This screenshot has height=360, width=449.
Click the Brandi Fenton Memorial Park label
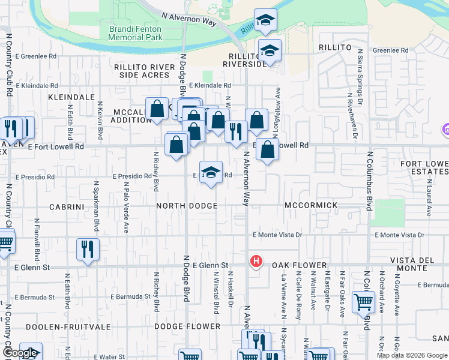[x=135, y=33]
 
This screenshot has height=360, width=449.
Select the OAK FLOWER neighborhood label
[x=299, y=265]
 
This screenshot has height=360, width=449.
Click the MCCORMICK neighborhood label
[x=312, y=205]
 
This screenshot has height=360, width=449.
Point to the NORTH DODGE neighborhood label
[x=186, y=206]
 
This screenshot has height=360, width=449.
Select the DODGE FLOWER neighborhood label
[x=187, y=326]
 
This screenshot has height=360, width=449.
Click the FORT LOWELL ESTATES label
[x=424, y=168]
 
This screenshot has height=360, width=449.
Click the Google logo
[x=20, y=353]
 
